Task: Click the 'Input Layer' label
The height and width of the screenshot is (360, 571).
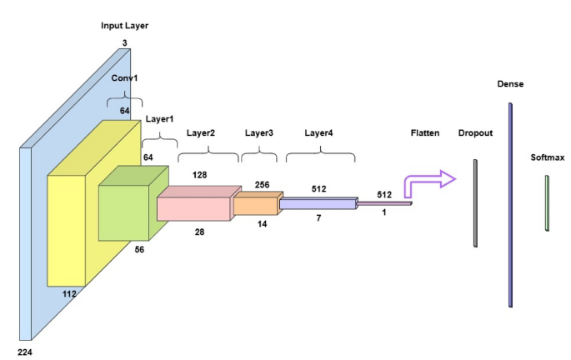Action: pos(124,26)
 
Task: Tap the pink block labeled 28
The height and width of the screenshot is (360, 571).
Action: pos(193,208)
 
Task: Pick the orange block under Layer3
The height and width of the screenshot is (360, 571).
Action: pos(252,205)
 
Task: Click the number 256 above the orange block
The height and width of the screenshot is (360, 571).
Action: pos(262,185)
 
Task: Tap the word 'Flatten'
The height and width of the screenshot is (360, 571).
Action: pos(425,133)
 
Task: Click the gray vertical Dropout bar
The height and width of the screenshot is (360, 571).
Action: pos(475,203)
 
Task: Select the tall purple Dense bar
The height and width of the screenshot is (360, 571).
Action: pos(510,205)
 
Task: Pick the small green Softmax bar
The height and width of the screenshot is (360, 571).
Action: pos(547,202)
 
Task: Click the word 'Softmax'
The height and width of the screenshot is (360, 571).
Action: pos(547,157)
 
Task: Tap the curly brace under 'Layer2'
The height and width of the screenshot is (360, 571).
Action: pos(208,152)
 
